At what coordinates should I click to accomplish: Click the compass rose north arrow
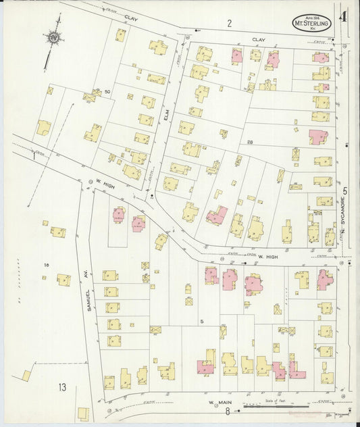53,38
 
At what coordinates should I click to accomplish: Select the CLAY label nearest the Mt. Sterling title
258,40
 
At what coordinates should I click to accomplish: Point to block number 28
249,142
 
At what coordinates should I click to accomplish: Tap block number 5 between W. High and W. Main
201,321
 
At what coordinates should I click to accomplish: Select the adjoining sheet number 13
62,387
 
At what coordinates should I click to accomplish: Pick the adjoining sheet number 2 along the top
229,24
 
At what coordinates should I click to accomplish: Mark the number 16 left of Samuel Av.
47,264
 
